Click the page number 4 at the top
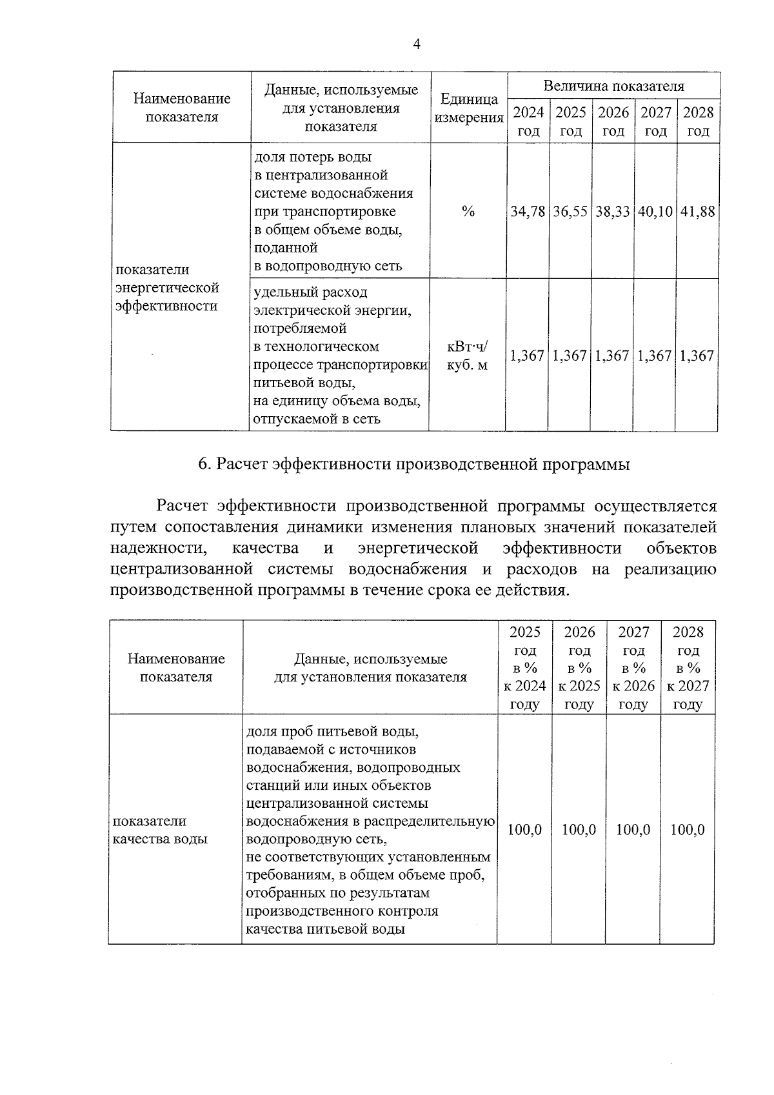pyautogui.click(x=416, y=45)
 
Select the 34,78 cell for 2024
pyautogui.click(x=528, y=212)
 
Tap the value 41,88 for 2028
pyautogui.click(x=697, y=212)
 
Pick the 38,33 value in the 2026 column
pyautogui.click(x=612, y=212)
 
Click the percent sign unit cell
pyautogui.click(x=468, y=212)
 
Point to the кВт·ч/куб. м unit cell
pyautogui.click(x=468, y=356)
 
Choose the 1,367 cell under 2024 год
pyautogui.click(x=527, y=356)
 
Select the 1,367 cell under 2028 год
pyautogui.click(x=697, y=356)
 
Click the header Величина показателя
pyautogui.click(x=613, y=86)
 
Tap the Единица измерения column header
pyautogui.click(x=469, y=108)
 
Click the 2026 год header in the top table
pyautogui.click(x=613, y=121)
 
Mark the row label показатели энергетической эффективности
pyautogui.click(x=167, y=288)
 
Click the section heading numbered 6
pyautogui.click(x=413, y=465)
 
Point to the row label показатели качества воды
pyautogui.click(x=161, y=830)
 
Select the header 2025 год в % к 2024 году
pyautogui.click(x=524, y=668)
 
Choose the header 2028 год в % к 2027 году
pyautogui.click(x=688, y=668)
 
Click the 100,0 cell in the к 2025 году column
pyautogui.click(x=579, y=830)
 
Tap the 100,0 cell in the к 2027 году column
pyautogui.click(x=687, y=830)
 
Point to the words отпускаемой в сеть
pyautogui.click(x=317, y=419)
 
